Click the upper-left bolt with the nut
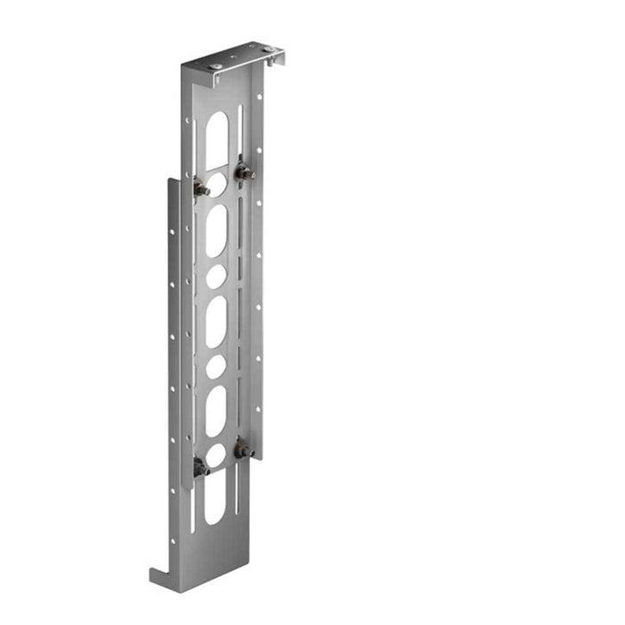click(201, 188)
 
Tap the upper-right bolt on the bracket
click(243, 172)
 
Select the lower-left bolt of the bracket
click(201, 465)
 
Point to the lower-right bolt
click(242, 450)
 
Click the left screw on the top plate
click(216, 65)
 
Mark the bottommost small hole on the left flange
click(175, 541)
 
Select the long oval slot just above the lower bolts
click(216, 411)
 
